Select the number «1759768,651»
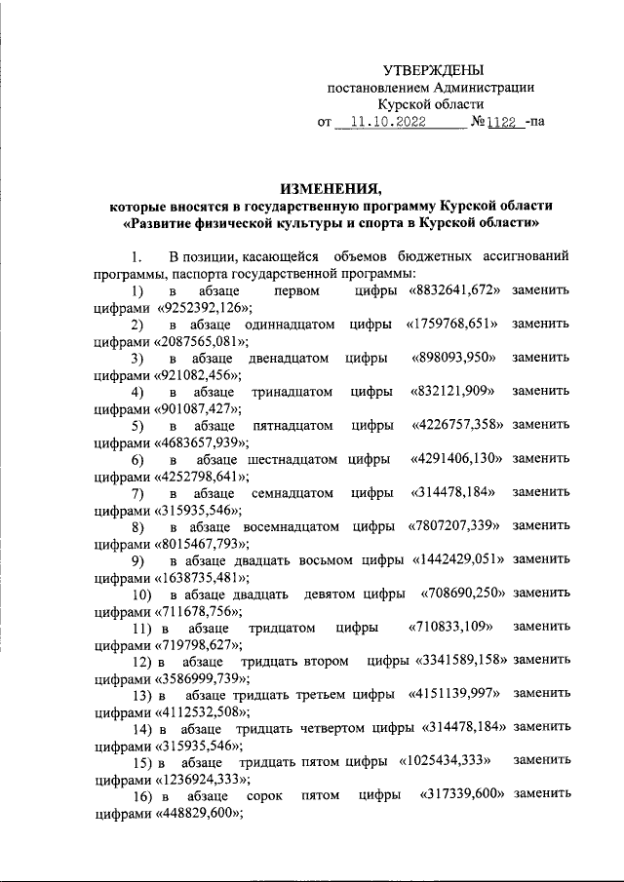click(453, 324)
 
